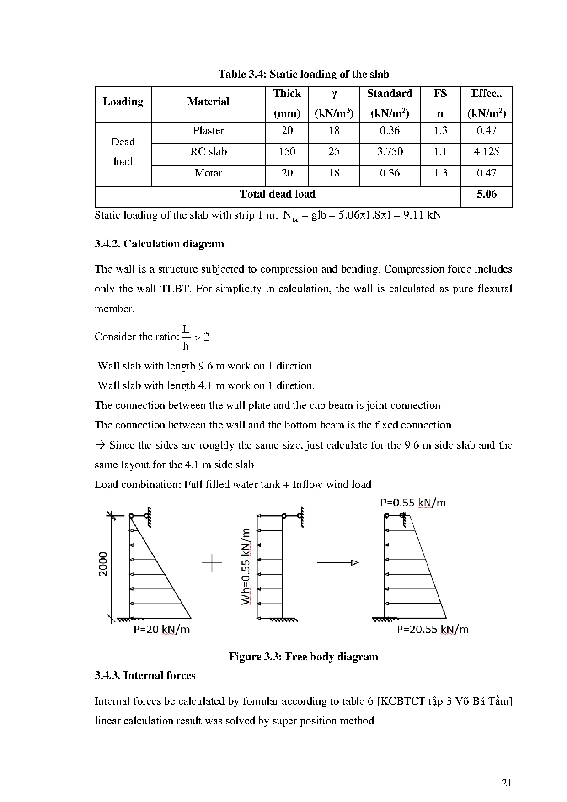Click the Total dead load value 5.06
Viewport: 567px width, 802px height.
tap(487, 194)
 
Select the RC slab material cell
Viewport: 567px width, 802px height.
tap(208, 152)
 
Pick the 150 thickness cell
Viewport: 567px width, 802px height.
tap(287, 152)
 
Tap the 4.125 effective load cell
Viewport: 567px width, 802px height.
tap(487, 152)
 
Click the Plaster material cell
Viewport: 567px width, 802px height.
tap(208, 131)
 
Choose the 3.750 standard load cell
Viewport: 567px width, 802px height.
tap(390, 152)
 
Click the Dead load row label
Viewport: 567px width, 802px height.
tap(123, 152)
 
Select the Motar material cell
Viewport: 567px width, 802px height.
tap(208, 173)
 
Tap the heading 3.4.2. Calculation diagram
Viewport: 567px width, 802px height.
tap(159, 244)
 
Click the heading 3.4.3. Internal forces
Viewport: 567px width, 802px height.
tap(145, 676)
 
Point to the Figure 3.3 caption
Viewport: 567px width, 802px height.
tap(303, 657)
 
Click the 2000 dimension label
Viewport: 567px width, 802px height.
tap(104, 564)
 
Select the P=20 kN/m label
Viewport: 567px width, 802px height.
tap(161, 630)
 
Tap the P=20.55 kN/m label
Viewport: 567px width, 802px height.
tap(432, 630)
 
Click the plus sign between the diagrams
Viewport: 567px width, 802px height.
tap(212, 563)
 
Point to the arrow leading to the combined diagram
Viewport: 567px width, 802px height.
tap(337, 563)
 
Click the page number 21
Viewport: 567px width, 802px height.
tap(507, 783)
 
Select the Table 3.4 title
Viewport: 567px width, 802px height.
tap(303, 75)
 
